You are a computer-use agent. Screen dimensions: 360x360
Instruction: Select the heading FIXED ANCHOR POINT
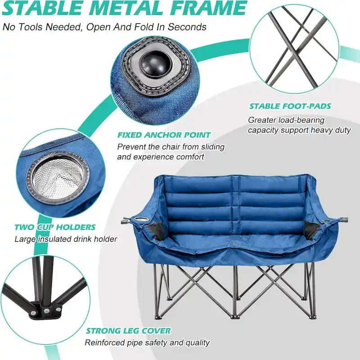coord(164,135)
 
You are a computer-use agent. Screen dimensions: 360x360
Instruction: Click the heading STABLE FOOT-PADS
coord(290,107)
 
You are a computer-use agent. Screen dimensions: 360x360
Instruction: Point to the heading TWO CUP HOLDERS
coord(55,227)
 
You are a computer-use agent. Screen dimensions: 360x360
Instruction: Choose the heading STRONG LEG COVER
coord(128,331)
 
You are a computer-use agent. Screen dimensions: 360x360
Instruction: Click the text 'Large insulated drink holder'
coord(66,239)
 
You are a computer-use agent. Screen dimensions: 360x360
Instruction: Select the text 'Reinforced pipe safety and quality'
coord(148,343)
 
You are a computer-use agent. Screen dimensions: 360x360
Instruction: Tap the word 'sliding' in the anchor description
coord(211,147)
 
